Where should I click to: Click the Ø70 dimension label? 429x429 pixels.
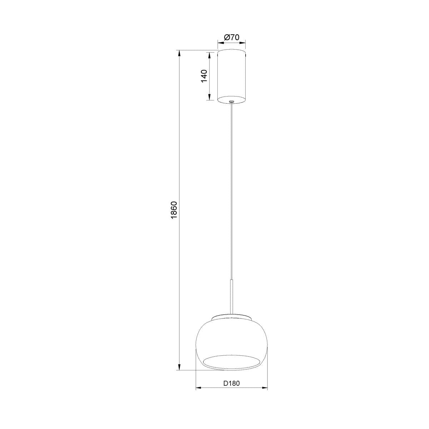click(x=232, y=38)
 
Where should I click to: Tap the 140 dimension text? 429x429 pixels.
click(x=204, y=76)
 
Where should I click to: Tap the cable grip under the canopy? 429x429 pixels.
click(x=232, y=102)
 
